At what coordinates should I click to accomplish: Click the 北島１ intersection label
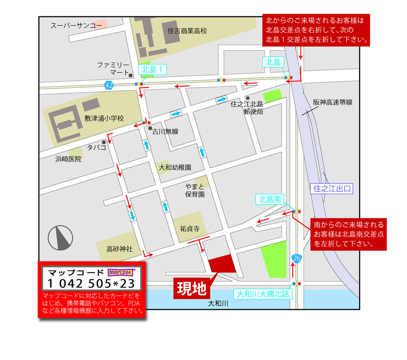153,70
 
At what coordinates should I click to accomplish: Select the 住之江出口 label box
333,189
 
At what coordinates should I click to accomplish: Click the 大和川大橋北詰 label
263,293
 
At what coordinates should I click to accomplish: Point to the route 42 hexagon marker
108,85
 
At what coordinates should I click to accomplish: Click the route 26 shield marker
297,258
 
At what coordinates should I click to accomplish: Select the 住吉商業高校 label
187,31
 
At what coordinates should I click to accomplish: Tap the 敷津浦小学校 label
104,119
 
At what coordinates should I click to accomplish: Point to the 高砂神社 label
120,248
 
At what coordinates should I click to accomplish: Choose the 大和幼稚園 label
175,167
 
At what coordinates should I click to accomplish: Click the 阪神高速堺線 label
333,103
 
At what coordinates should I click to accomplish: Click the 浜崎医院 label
68,159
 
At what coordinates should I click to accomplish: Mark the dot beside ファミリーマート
130,75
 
